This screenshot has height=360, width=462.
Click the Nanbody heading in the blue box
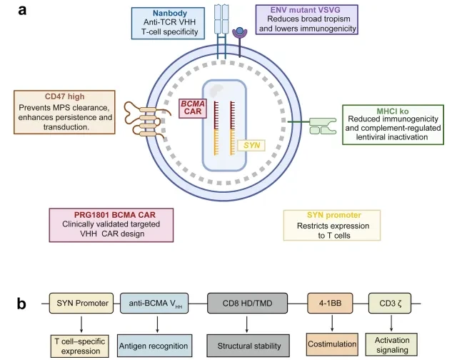pos(170,14)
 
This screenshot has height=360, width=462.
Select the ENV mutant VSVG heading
pos(305,10)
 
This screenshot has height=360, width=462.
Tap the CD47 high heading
pos(64,96)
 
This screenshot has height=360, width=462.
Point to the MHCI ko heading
pos(393,111)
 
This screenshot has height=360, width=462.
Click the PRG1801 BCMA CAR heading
pos(115,215)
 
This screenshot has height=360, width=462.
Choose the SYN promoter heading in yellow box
pos(334,215)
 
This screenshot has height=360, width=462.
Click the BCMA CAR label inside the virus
pos(193,108)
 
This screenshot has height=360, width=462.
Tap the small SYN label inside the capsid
pos(251,145)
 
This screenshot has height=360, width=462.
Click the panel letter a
pos(22,10)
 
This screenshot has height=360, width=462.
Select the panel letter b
pos(21,304)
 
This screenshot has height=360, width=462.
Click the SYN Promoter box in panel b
pos(81,303)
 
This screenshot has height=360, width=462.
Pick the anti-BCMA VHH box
pos(154,303)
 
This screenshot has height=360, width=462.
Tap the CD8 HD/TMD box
pos(248,303)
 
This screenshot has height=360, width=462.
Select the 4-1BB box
pos(330,303)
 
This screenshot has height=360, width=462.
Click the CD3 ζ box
pos(390,303)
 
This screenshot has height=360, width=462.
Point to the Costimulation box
pos(332,344)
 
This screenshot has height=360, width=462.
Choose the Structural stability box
pos(248,346)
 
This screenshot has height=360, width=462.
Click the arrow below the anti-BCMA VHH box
pos(157,324)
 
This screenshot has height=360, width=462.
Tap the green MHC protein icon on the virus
pos(323,126)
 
